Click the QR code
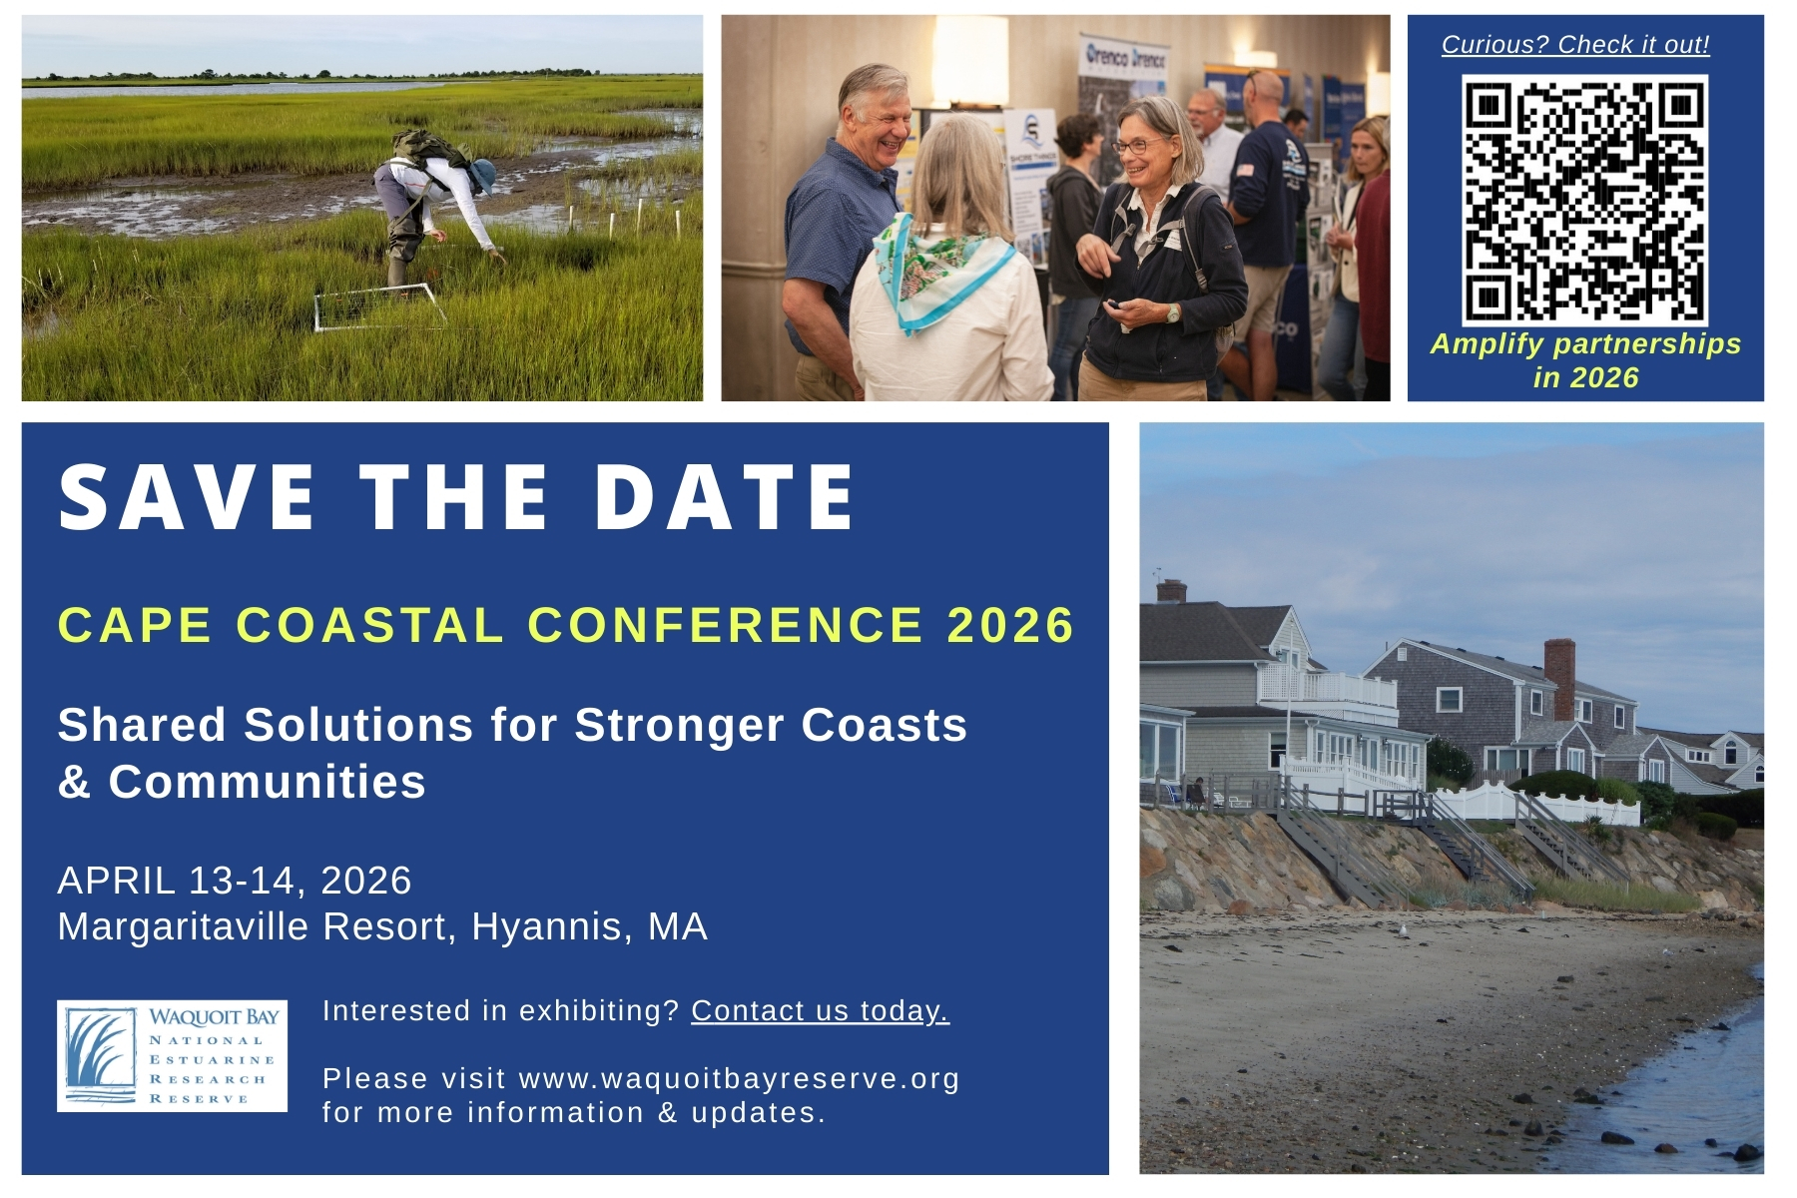coord(1584,200)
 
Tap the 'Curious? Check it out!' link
coord(1575,45)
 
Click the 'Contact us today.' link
coord(820,1010)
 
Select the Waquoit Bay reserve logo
coord(172,1055)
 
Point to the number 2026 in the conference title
coord(1010,625)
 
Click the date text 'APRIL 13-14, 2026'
coord(235,881)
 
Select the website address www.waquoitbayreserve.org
coord(739,1078)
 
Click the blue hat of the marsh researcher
coord(482,176)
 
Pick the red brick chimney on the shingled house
coord(1558,679)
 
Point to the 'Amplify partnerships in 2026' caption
coord(1585,360)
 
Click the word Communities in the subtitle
coord(267,782)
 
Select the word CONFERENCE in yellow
coord(725,625)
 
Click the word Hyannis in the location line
coord(552,927)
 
